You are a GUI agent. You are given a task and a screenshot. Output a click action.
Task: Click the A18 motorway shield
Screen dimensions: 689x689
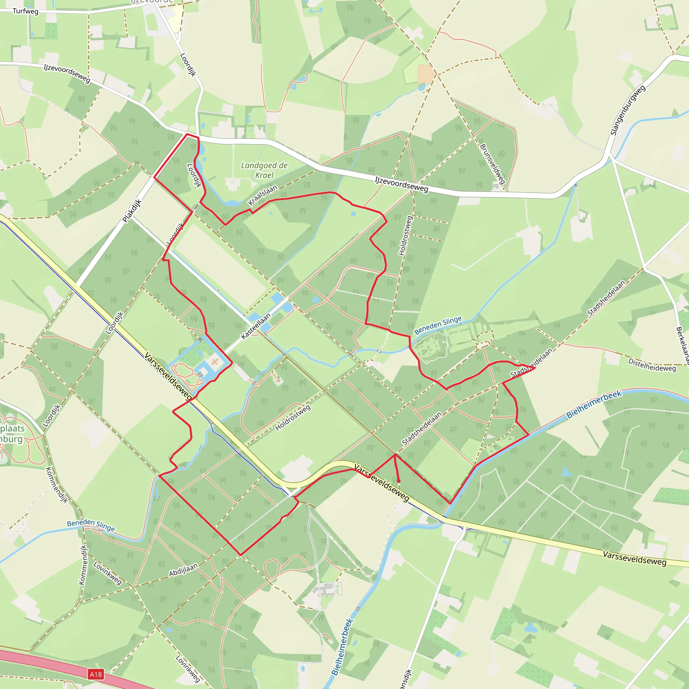(x=96, y=674)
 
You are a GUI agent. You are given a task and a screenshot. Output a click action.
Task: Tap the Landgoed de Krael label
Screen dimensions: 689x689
(x=264, y=170)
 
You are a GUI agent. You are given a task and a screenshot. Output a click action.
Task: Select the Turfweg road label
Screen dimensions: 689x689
(x=25, y=11)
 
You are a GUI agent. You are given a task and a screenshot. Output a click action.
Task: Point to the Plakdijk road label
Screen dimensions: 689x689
(x=132, y=211)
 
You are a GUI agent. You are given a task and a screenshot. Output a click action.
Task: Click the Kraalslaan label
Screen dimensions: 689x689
(x=262, y=195)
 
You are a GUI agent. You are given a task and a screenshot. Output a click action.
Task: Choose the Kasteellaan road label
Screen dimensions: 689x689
(x=256, y=326)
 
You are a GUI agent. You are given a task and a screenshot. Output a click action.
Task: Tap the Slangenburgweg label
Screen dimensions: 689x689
(x=628, y=110)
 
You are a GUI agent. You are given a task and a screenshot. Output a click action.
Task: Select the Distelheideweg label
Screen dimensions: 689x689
(x=652, y=365)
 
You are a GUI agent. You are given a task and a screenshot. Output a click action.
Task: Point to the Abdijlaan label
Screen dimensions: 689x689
(x=183, y=570)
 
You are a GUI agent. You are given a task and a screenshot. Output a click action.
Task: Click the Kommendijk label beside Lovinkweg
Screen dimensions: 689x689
(x=83, y=565)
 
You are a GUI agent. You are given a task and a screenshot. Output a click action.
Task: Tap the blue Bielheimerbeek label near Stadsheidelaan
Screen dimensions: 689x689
(x=594, y=404)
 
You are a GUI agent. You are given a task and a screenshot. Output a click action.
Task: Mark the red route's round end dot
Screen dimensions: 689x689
(x=399, y=481)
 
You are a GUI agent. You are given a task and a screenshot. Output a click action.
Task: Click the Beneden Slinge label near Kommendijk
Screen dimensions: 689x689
(x=91, y=525)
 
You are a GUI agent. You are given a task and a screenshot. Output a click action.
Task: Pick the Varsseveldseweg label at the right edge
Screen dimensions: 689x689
(x=634, y=558)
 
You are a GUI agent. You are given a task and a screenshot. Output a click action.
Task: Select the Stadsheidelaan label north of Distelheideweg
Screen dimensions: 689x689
(x=606, y=298)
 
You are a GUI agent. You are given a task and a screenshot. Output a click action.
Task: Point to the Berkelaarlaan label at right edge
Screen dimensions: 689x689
(x=683, y=345)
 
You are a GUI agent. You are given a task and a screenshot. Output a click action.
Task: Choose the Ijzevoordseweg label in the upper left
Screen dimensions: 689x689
(x=67, y=73)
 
